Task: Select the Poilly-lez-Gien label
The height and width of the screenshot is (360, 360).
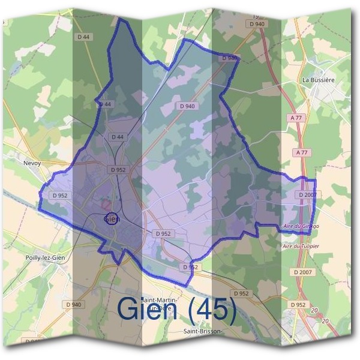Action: pyautogui.click(x=44, y=257)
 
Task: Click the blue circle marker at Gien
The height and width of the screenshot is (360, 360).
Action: pyautogui.click(x=111, y=218)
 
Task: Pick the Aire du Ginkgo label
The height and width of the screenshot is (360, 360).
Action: pyautogui.click(x=301, y=226)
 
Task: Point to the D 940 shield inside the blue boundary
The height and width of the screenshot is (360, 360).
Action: pyautogui.click(x=187, y=106)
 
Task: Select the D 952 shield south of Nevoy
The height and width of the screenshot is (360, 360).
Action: pyautogui.click(x=60, y=195)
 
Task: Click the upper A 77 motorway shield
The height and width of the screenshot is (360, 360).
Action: pyautogui.click(x=298, y=118)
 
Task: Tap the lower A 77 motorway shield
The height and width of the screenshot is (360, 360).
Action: pyautogui.click(x=301, y=153)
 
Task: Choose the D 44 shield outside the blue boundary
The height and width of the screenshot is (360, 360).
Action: pyautogui.click(x=83, y=37)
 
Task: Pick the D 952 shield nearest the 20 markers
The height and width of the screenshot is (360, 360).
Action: pyautogui.click(x=298, y=305)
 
